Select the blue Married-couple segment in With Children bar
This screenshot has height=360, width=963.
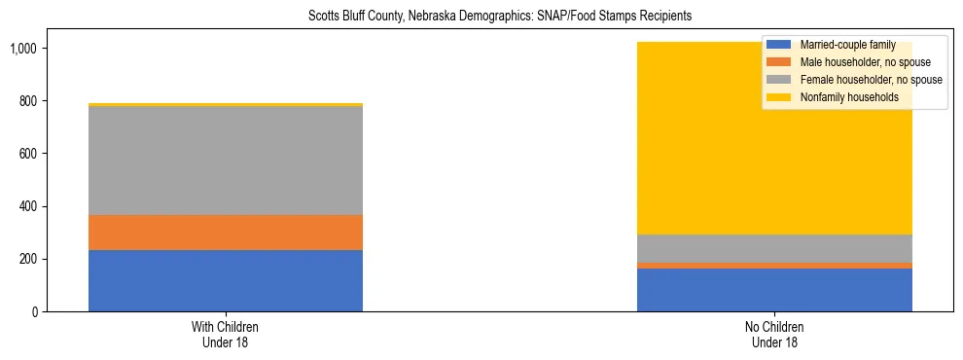coord(226,280)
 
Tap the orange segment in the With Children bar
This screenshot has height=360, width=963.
coord(226,233)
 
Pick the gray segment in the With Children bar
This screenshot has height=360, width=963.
coord(226,161)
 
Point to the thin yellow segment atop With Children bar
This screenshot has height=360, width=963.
coord(226,104)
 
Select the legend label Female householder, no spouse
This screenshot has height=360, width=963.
coord(870,80)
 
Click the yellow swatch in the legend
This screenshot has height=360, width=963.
coord(780,97)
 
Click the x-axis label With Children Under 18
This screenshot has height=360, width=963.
coord(226,334)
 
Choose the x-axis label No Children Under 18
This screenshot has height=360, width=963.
coord(775,334)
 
